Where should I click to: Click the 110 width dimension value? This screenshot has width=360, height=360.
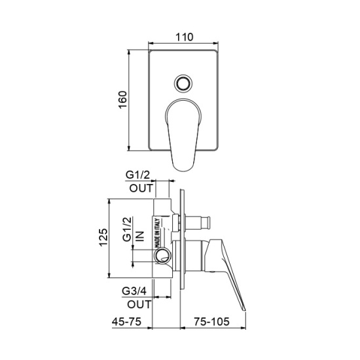(185, 37)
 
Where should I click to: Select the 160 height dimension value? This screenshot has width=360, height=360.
(122, 100)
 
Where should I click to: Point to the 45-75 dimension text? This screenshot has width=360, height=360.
(126, 321)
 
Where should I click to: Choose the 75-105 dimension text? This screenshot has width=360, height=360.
(211, 321)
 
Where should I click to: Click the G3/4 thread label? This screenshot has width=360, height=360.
(134, 291)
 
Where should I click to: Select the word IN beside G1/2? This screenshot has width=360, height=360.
(140, 236)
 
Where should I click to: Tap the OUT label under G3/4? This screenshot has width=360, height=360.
(139, 304)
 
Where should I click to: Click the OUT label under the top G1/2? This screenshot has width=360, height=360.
(141, 189)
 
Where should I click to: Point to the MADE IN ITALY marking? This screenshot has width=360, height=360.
(158, 233)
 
